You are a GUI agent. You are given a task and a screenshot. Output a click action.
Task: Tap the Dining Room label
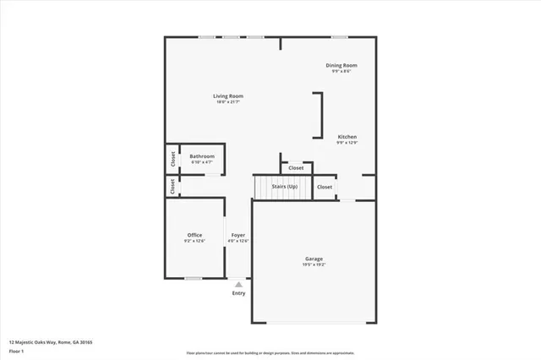[x=342, y=65]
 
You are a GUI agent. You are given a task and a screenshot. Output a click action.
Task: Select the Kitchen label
[x=347, y=136]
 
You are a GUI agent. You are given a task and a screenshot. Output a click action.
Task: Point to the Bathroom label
[x=202, y=156]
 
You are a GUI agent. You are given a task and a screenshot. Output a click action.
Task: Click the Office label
[x=195, y=235]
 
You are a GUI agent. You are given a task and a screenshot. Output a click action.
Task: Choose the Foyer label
[x=238, y=235]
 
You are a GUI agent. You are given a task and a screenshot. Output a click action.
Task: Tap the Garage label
[x=314, y=259]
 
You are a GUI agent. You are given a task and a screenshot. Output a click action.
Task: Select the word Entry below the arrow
[x=239, y=293]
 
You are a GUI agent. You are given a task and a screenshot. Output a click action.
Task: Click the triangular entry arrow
[x=239, y=285]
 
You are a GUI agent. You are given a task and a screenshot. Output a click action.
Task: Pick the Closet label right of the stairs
[x=325, y=187]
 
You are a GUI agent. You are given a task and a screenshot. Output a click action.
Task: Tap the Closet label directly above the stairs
[x=296, y=168]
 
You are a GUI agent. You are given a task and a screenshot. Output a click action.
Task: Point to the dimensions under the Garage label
[x=314, y=265]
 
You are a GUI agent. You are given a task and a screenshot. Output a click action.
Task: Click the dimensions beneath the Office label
[x=195, y=242]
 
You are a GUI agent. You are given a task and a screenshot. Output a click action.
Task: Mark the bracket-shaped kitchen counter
[x=320, y=115]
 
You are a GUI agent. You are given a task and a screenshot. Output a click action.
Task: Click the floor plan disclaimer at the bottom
[x=270, y=352]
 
